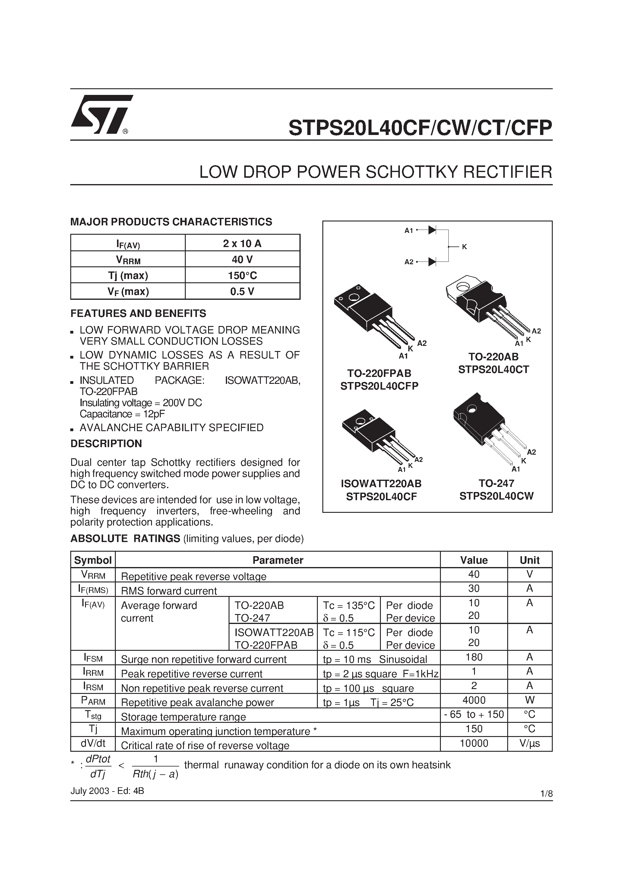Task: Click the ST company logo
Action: pyautogui.click(x=101, y=114)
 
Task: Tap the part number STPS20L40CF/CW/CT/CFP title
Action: pyautogui.click(x=420, y=128)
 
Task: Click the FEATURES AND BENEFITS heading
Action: pyautogui.click(x=138, y=313)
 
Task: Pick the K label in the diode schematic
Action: pyautogui.click(x=464, y=247)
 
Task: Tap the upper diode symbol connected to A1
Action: pyautogui.click(x=432, y=230)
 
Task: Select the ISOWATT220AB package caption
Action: pyautogui.click(x=381, y=484)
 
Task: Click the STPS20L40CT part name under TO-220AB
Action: pyautogui.click(x=494, y=369)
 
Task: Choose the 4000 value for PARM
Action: pyautogui.click(x=474, y=700)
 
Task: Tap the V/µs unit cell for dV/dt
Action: pyautogui.click(x=529, y=743)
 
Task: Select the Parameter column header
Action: pyautogui.click(x=278, y=560)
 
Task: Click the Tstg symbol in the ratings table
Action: pyautogui.click(x=93, y=715)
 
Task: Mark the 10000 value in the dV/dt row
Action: pyautogui.click(x=474, y=743)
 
